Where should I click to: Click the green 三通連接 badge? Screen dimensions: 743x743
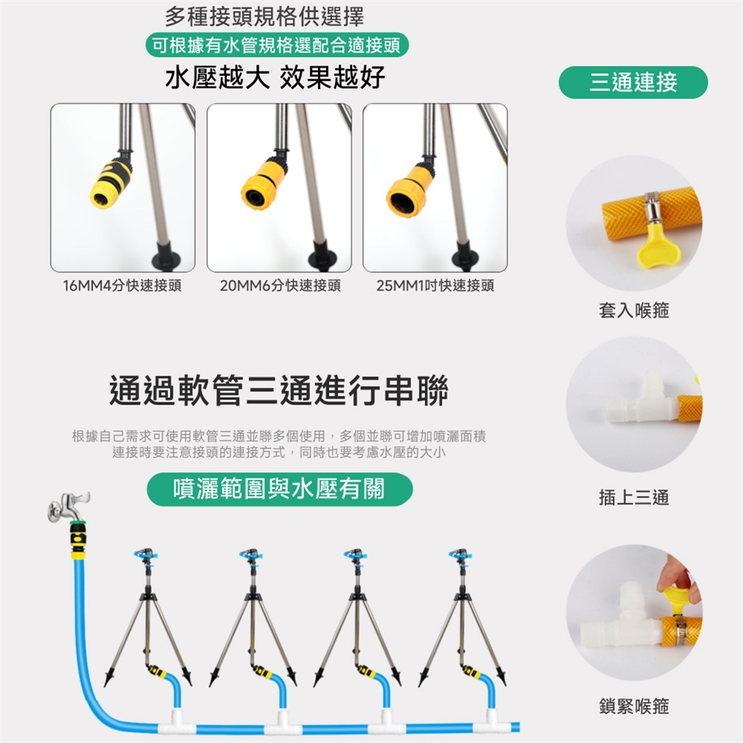[633, 82]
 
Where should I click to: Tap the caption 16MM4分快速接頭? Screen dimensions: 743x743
[122, 286]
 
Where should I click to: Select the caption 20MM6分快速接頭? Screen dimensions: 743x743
[280, 286]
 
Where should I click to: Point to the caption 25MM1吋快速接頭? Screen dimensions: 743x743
[435, 286]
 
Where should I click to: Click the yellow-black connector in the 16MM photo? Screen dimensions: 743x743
[111, 183]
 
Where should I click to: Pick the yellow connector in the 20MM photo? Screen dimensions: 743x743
[263, 184]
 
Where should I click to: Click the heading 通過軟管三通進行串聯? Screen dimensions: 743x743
[279, 390]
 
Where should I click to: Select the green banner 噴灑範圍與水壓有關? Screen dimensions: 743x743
[279, 489]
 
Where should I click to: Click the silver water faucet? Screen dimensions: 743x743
[67, 506]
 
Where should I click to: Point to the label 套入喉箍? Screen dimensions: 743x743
[634, 310]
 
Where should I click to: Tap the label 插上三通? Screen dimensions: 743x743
[634, 498]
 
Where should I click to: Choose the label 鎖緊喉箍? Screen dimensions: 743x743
[634, 706]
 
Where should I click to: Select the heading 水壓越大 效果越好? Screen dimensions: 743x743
[276, 77]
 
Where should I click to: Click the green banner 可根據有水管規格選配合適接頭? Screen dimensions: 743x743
[277, 46]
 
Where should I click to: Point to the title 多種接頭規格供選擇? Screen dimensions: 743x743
[265, 18]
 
